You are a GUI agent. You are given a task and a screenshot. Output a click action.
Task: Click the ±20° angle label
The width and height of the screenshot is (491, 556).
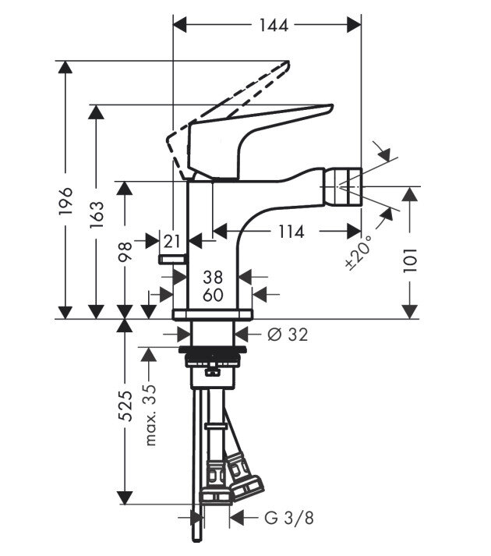tap(360, 251)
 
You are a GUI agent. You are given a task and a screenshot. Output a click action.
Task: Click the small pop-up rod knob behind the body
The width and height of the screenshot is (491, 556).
tap(171, 258)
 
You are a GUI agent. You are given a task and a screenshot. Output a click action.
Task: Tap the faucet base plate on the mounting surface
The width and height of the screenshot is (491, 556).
tap(214, 314)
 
